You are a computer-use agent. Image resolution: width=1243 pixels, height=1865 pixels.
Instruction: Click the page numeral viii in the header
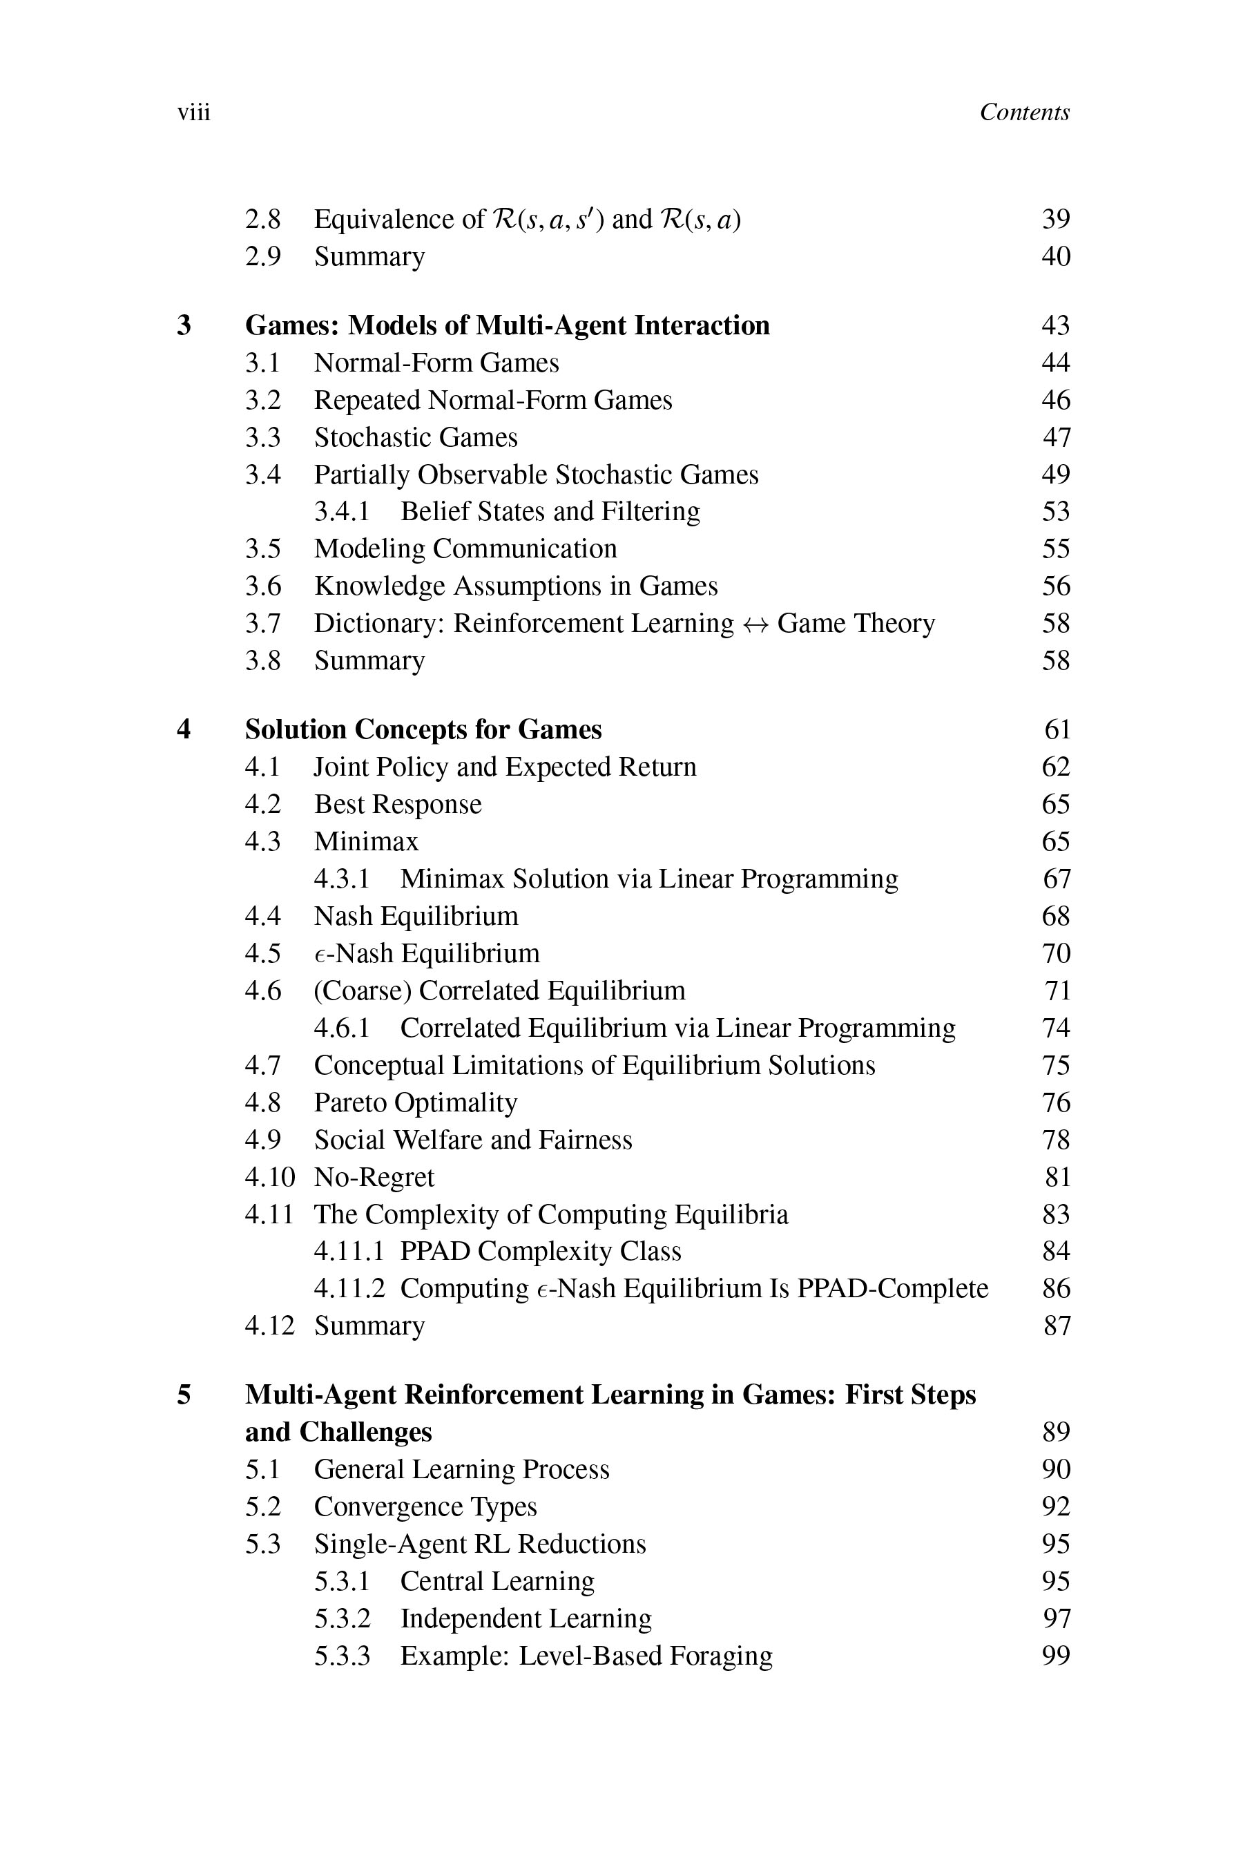193,113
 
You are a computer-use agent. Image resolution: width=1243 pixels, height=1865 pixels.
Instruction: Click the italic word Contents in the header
1024,113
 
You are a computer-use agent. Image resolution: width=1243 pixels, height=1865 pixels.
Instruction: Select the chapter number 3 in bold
184,325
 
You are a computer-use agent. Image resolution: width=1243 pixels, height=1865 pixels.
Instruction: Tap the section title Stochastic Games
416,437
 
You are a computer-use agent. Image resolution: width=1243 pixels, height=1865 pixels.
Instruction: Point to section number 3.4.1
342,511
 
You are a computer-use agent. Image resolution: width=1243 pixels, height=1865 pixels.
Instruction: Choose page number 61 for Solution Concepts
1057,729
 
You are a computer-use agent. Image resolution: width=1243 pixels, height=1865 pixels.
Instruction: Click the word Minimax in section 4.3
366,841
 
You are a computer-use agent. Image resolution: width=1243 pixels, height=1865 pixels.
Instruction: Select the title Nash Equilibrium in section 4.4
416,916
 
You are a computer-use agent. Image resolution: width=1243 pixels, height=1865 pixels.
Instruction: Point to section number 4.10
269,1177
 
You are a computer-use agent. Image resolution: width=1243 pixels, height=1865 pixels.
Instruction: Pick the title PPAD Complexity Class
540,1251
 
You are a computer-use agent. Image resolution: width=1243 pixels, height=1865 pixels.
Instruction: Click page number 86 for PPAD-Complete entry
1056,1288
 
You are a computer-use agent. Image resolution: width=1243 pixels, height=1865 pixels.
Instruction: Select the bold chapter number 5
184,1395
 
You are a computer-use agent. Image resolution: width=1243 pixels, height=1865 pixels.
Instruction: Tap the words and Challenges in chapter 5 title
338,1432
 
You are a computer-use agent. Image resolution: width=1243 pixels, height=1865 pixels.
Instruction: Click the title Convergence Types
425,1507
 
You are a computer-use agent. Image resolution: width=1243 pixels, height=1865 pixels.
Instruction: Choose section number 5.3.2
342,1618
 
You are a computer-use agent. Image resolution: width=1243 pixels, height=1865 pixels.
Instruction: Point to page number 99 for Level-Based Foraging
1056,1656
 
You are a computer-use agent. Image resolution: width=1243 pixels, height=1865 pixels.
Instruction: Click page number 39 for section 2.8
1056,219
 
